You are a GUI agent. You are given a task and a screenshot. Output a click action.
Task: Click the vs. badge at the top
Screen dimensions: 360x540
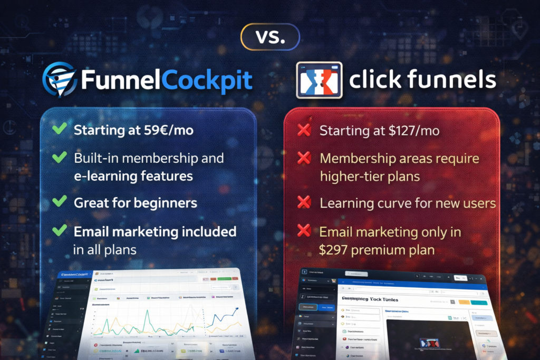coord(269,36)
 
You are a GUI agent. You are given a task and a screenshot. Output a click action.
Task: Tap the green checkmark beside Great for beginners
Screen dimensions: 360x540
coord(60,202)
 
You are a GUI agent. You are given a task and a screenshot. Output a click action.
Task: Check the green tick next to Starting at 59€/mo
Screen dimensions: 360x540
coord(60,129)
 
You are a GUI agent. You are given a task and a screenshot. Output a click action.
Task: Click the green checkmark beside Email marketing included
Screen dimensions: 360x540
coord(60,230)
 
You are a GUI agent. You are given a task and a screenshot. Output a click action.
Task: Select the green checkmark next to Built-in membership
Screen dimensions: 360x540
coord(60,157)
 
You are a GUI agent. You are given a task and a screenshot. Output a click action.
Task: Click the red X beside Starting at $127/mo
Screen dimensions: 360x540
coord(304,130)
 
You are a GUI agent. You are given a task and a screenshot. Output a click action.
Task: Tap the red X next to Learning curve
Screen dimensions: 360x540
coord(304,202)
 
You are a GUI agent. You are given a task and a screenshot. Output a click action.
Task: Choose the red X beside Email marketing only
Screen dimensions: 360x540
coord(304,230)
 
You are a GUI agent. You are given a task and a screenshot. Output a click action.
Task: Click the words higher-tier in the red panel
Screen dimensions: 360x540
coord(352,176)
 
